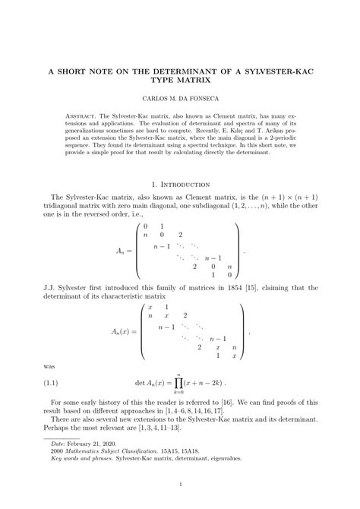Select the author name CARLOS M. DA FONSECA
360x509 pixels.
point(180,100)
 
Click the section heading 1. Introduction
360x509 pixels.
point(180,184)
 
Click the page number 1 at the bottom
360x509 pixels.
point(180,485)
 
